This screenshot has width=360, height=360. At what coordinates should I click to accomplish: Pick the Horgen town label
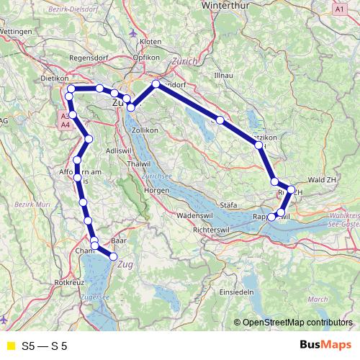[156, 191]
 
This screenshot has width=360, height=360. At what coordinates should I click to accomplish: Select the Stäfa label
[228, 205]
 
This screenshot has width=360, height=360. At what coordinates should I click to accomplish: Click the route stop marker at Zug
[113, 256]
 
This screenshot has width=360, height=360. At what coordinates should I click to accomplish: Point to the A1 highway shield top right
[340, 9]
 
